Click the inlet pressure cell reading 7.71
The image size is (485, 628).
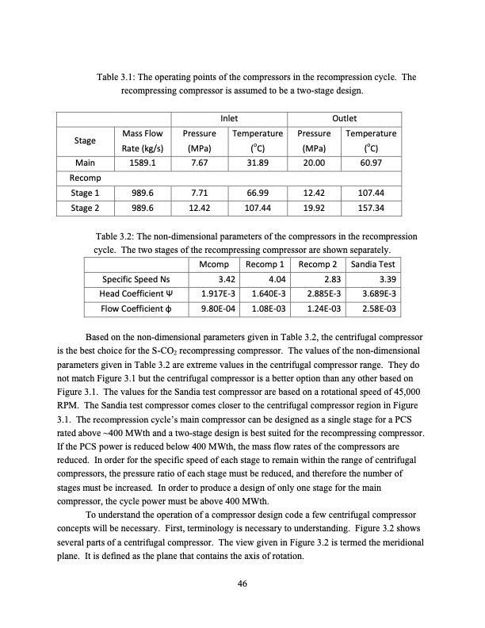tap(199, 193)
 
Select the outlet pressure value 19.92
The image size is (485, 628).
tap(314, 208)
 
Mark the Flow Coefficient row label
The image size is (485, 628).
tap(136, 308)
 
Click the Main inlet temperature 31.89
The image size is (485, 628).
tap(257, 163)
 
